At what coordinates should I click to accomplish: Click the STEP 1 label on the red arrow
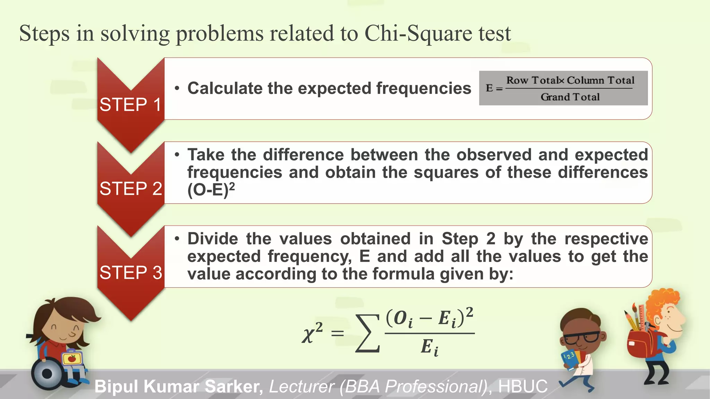[130, 105]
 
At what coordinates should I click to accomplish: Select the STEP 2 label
[131, 189]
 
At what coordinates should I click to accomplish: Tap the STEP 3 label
[131, 273]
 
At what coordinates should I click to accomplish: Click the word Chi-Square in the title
[418, 34]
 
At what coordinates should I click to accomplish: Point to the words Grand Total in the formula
[570, 97]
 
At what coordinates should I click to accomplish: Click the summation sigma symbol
[367, 333]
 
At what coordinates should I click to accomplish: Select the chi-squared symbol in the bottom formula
[312, 333]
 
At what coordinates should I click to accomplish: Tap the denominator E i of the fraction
[430, 347]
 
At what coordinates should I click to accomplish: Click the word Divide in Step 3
[213, 239]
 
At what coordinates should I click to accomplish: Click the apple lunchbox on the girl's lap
[72, 358]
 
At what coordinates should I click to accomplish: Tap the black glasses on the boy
[581, 337]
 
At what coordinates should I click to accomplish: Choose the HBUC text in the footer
[523, 387]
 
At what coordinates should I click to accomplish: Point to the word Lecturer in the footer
[301, 387]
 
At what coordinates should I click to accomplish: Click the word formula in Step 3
[403, 274]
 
